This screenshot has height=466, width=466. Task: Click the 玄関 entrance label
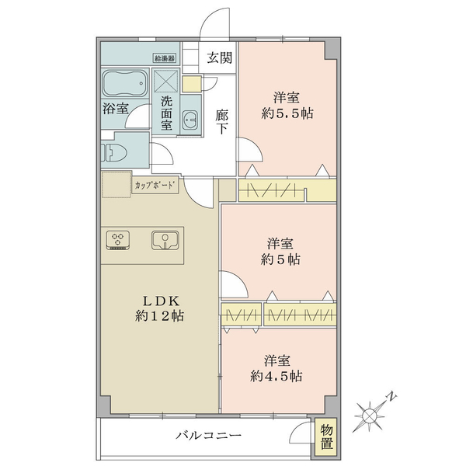[x=219, y=57]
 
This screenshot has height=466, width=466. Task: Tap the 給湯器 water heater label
[x=165, y=58]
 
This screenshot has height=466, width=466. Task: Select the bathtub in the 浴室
[x=125, y=84]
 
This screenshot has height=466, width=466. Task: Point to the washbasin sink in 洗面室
[x=190, y=120]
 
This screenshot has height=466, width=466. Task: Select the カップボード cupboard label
[x=155, y=186]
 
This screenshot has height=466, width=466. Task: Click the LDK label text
[x=161, y=301]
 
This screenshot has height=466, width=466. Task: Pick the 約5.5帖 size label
[x=287, y=113]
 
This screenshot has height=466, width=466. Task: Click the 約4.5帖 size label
[x=276, y=377]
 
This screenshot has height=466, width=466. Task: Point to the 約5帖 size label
[x=280, y=259]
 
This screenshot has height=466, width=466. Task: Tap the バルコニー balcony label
[x=209, y=436]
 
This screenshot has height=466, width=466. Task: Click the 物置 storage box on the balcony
[x=326, y=437]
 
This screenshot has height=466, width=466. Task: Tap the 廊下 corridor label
[x=221, y=122]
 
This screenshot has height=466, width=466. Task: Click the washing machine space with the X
[x=166, y=80]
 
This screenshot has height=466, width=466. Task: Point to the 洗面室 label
[x=166, y=113]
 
